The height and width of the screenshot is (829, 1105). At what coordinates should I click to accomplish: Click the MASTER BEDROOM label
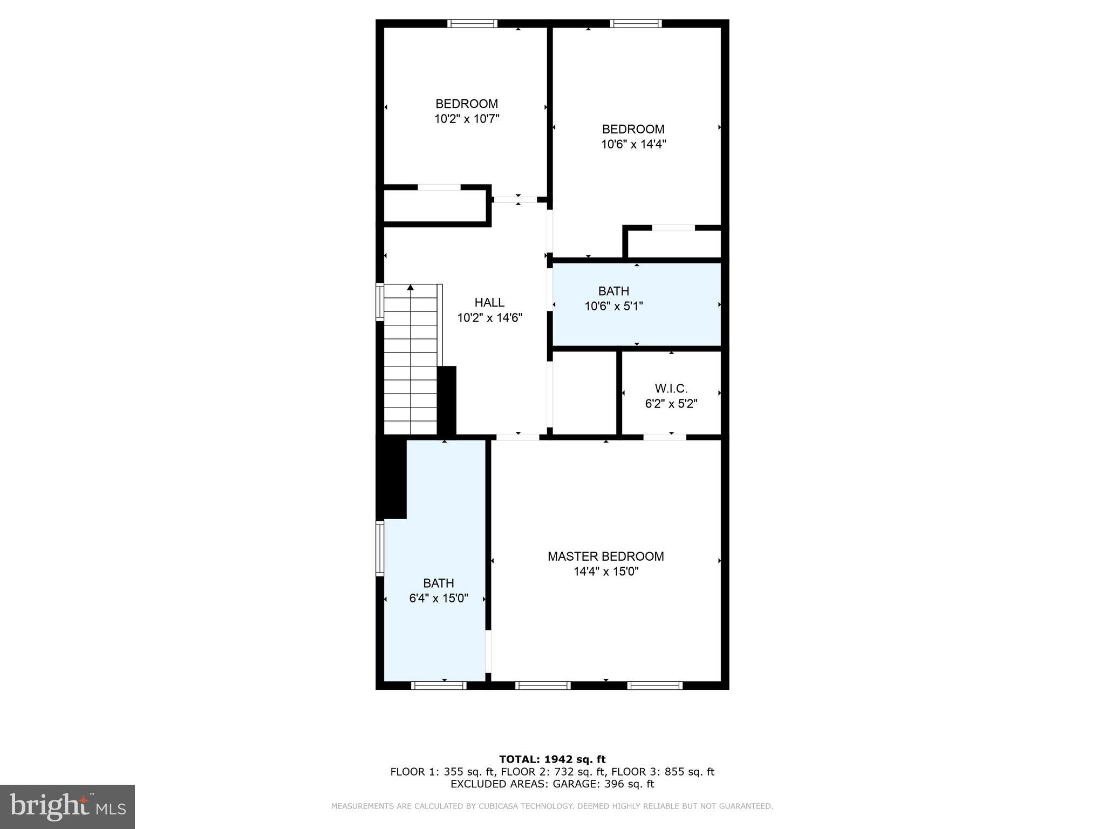pos(605,556)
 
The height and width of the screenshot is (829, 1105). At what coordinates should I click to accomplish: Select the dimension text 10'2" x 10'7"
pos(467,119)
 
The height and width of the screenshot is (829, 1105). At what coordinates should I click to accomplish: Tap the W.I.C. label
pos(671,389)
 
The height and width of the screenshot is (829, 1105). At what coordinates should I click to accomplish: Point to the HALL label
pos(489,303)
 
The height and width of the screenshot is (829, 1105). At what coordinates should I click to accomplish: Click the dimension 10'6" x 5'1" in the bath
pos(613,307)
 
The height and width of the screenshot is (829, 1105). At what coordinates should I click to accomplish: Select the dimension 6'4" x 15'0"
pos(438,599)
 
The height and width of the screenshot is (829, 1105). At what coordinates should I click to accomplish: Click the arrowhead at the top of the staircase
pos(411,288)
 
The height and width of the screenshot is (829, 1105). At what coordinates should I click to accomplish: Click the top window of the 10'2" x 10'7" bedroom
pos(472,23)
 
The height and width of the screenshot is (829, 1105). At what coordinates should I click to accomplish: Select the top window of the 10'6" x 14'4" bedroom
pos(636,23)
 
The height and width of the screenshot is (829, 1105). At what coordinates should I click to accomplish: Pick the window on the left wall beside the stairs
pos(380,302)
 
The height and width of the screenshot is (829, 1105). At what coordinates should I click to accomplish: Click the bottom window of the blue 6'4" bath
pos(438,686)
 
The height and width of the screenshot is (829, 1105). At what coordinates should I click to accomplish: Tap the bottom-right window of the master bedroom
pos(654,686)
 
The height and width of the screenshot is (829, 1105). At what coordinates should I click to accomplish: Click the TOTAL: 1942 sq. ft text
pos(552,759)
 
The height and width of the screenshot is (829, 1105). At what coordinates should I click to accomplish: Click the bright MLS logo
pos(67,807)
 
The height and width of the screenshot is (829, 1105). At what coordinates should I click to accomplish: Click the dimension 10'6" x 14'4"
pos(633,145)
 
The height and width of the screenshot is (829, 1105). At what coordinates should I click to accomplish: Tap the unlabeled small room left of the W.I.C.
pos(584,392)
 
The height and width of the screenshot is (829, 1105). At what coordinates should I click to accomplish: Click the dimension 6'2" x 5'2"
pos(671,404)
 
